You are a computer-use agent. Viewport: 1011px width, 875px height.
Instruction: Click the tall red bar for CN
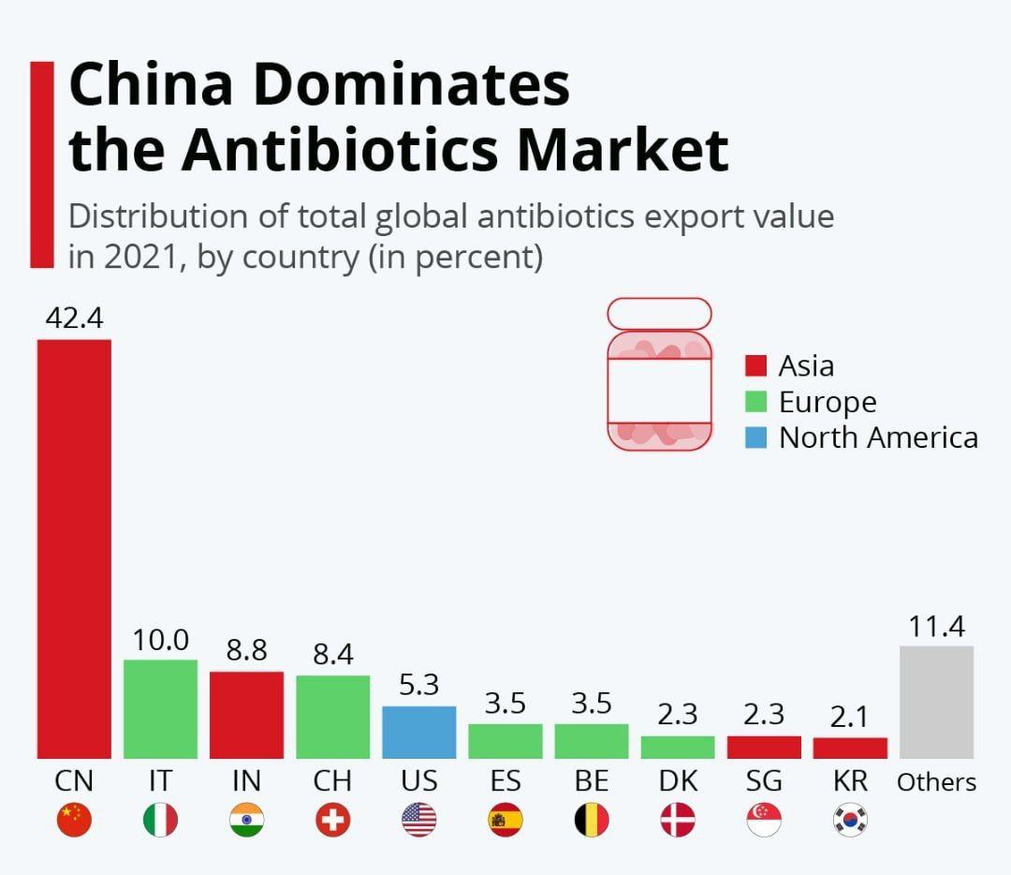click(74, 548)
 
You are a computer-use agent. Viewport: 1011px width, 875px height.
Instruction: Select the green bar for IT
click(160, 709)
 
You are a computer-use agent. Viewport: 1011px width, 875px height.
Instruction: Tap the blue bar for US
click(418, 732)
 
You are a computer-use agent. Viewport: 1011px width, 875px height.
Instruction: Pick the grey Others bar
click(936, 702)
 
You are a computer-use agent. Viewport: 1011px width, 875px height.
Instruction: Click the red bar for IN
click(246, 715)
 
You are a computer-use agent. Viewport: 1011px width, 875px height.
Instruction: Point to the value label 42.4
click(74, 319)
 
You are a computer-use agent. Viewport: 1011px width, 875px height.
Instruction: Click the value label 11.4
click(936, 626)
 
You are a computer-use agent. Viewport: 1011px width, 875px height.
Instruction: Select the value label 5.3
click(418, 685)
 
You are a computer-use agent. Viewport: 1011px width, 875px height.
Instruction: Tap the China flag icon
click(74, 821)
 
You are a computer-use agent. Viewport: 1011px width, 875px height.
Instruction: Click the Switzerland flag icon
click(332, 821)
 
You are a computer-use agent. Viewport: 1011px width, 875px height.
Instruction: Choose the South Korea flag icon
click(850, 821)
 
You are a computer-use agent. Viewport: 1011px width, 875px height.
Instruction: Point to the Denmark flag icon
click(678, 821)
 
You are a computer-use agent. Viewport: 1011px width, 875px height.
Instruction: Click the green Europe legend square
click(755, 402)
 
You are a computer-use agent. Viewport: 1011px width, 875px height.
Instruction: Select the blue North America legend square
click(755, 437)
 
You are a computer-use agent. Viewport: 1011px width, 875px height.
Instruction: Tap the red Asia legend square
click(755, 365)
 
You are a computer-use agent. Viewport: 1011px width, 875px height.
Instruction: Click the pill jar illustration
click(659, 375)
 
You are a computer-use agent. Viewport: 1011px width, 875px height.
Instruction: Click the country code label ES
click(505, 781)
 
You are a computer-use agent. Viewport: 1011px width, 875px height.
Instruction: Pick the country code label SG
click(764, 781)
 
